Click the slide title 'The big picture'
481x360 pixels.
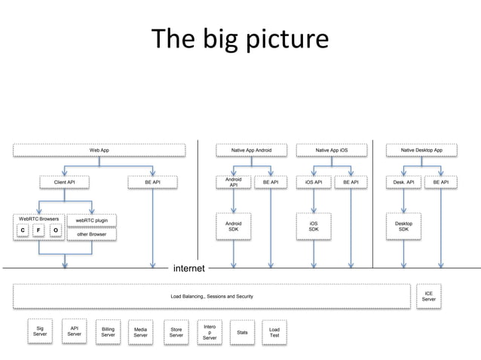240,39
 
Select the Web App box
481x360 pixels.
100,151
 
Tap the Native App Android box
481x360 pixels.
251,151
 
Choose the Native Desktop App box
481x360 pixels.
421,151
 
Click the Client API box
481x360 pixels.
64,182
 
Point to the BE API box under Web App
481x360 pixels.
152,182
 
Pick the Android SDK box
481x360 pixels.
234,226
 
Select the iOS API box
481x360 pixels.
314,182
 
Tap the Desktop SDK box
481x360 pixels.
404,226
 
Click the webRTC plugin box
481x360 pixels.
91,221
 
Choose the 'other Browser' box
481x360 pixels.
91,234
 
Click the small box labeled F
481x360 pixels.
39,230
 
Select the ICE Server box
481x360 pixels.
428,296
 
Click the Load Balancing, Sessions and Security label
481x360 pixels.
212,297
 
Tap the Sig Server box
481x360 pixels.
40,331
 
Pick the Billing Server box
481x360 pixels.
109,333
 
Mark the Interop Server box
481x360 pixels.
210,332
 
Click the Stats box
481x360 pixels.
242,332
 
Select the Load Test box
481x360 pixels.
274,332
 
